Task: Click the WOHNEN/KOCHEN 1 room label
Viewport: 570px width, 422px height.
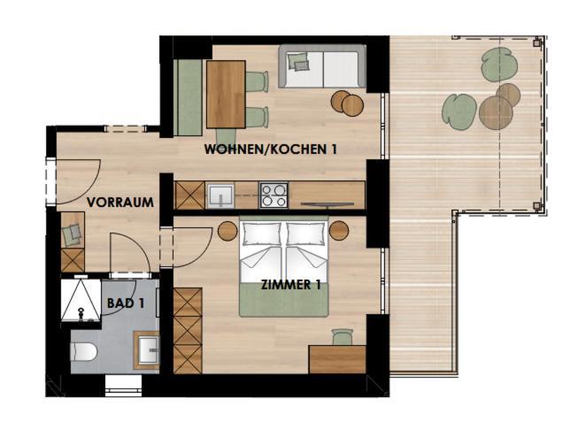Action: pos(270,149)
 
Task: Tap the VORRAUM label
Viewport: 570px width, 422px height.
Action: pos(120,203)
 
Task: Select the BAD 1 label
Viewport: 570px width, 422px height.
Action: pos(126,303)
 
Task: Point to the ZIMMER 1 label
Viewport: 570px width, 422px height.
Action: pos(291,285)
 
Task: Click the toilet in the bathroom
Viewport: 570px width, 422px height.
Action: pos(84,351)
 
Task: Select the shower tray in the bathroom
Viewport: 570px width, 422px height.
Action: pos(81,300)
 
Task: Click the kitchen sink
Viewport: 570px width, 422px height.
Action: pos(220,196)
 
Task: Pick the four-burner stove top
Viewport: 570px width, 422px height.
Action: pos(273,196)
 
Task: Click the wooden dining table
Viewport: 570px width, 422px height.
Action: pos(226,95)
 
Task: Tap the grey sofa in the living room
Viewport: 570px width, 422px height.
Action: pos(322,66)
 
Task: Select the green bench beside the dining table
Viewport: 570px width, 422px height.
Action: pos(188,97)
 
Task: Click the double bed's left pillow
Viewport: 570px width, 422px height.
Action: pos(261,234)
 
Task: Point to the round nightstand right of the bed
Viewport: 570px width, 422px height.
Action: pos(339,230)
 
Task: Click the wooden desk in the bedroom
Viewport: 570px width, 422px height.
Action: pos(337,359)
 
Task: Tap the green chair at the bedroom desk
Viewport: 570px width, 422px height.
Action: pos(343,337)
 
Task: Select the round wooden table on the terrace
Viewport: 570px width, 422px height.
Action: pos(496,112)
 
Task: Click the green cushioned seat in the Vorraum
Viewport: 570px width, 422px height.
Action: pos(73,235)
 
